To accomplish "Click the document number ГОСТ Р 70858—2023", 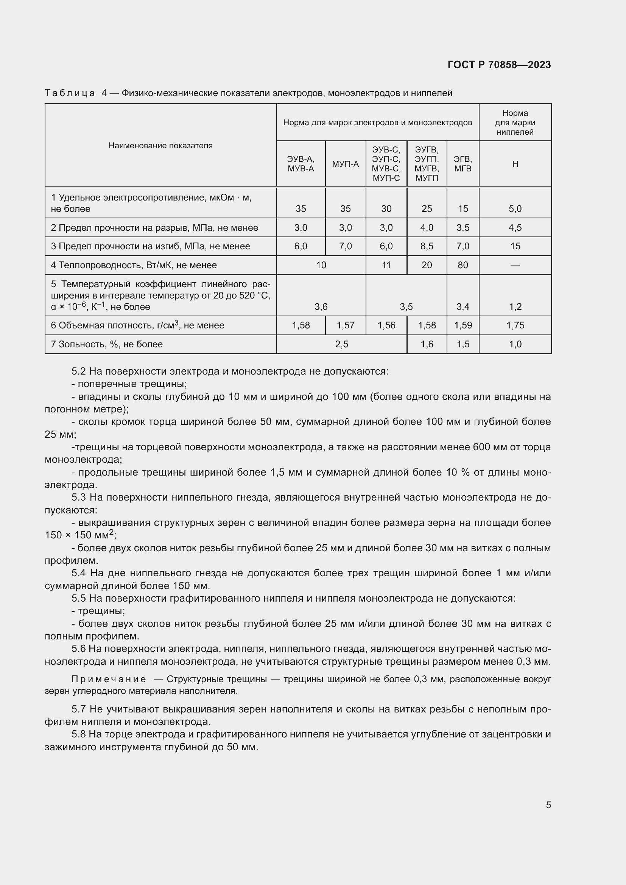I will [x=499, y=65].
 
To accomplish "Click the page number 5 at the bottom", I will [x=548, y=805].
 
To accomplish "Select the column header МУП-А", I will [x=346, y=164].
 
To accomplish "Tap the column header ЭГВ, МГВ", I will [x=462, y=164].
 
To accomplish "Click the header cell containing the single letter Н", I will [x=515, y=164].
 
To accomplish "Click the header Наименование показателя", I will [x=160, y=146].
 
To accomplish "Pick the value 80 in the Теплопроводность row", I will [x=462, y=265].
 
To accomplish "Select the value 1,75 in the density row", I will [x=515, y=325].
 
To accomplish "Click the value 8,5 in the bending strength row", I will [x=427, y=246].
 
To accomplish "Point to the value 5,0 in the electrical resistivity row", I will [x=515, y=209].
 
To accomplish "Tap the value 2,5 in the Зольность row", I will [x=341, y=344].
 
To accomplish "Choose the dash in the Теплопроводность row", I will [x=515, y=265].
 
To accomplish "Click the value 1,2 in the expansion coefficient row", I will [x=515, y=307].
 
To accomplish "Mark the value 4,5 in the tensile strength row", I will [x=515, y=228].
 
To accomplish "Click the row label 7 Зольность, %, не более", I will [x=107, y=344].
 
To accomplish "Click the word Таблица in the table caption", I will [x=70, y=93].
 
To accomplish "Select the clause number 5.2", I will [x=79, y=371].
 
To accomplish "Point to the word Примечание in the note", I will [x=109, y=679].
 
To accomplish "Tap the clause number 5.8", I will [x=79, y=734].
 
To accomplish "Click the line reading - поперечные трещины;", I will [x=129, y=384].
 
